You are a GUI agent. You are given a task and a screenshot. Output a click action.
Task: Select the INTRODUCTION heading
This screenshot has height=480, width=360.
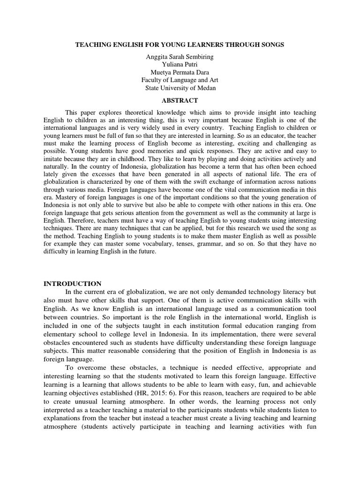[72, 284]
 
